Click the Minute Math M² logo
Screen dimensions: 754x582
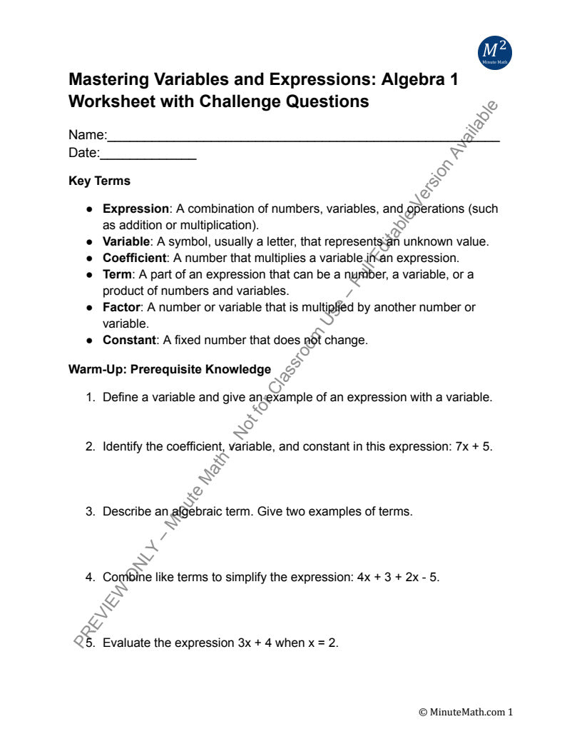[x=494, y=51]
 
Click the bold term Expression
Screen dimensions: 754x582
[x=136, y=209]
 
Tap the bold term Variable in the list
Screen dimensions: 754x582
[x=126, y=241]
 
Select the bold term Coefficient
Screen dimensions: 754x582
[x=134, y=258]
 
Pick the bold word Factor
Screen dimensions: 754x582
[x=121, y=307]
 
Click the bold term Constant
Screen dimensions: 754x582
[x=129, y=340]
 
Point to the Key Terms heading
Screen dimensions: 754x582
[x=99, y=181]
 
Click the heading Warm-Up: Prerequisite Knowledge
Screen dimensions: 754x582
[x=170, y=369]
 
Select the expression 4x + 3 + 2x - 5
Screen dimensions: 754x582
[x=397, y=577]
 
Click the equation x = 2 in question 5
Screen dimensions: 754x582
[x=322, y=643]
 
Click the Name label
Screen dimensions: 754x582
[x=87, y=135]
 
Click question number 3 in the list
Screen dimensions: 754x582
[x=91, y=511]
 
